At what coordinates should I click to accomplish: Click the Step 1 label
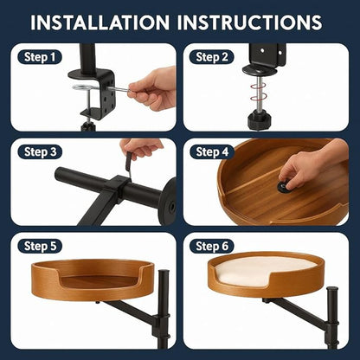pyautogui.click(x=40, y=57)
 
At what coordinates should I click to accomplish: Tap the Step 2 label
pyautogui.click(x=212, y=57)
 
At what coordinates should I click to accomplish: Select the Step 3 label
pyautogui.click(x=40, y=151)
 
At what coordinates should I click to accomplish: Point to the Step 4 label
pyautogui.click(x=212, y=151)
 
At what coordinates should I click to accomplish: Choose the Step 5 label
pyautogui.click(x=40, y=246)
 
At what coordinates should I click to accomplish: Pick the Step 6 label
pyautogui.click(x=212, y=246)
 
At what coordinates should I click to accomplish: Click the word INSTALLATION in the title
pyautogui.click(x=100, y=22)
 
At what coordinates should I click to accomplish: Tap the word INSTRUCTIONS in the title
pyautogui.click(x=249, y=22)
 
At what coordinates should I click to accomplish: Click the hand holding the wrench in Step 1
pyautogui.click(x=153, y=89)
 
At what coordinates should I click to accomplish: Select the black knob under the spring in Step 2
pyautogui.click(x=259, y=120)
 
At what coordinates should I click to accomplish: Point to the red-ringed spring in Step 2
pyautogui.click(x=259, y=93)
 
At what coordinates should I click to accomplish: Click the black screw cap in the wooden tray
pyautogui.click(x=285, y=187)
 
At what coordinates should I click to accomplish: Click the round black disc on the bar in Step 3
pyautogui.click(x=168, y=202)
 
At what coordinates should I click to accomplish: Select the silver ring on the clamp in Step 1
pyautogui.click(x=82, y=87)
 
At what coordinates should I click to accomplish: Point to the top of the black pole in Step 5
pyautogui.click(x=164, y=272)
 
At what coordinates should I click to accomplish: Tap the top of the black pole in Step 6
pyautogui.click(x=332, y=289)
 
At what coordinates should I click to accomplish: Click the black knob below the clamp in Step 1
pyautogui.click(x=87, y=126)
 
